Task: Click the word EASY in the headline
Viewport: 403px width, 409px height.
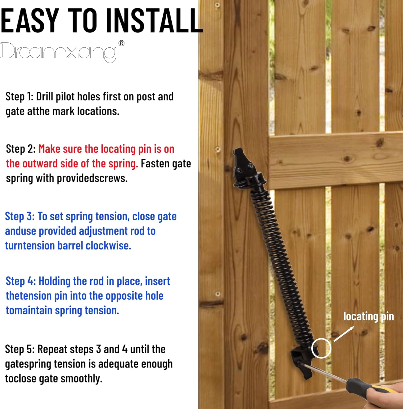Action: coord(30,21)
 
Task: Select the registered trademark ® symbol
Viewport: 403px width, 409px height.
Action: coord(121,43)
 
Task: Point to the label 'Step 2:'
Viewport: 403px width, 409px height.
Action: coord(21,149)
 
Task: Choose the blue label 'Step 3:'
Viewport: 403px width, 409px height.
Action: coord(20,216)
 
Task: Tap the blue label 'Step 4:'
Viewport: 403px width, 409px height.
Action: coord(21,281)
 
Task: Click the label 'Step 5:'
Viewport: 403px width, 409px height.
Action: coord(20,349)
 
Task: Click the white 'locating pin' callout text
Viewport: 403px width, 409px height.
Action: coord(368,316)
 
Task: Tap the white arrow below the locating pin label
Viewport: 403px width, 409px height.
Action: coord(344,334)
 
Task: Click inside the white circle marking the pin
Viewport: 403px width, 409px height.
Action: coord(321,348)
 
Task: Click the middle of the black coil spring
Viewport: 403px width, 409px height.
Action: coord(281,262)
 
